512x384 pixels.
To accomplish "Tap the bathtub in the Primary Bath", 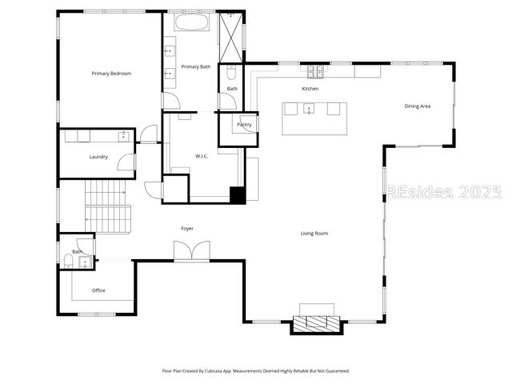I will click(x=192, y=22).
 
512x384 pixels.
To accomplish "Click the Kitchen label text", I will click(x=310, y=88).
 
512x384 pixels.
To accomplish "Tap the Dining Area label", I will click(x=418, y=106).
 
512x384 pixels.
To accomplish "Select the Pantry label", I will click(x=245, y=125).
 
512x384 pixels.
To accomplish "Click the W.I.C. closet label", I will click(x=202, y=156).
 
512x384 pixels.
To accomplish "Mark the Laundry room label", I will click(x=98, y=157).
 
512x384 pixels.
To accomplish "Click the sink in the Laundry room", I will click(x=123, y=136).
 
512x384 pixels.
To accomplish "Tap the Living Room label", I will click(x=314, y=234).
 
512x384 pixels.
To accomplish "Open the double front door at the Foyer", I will click(x=193, y=251).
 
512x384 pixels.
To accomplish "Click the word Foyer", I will click(x=187, y=229).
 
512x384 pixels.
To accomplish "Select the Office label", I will click(x=98, y=290).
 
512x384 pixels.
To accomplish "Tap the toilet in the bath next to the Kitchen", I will click(x=230, y=73).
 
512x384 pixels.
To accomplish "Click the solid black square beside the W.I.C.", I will click(x=237, y=194).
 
